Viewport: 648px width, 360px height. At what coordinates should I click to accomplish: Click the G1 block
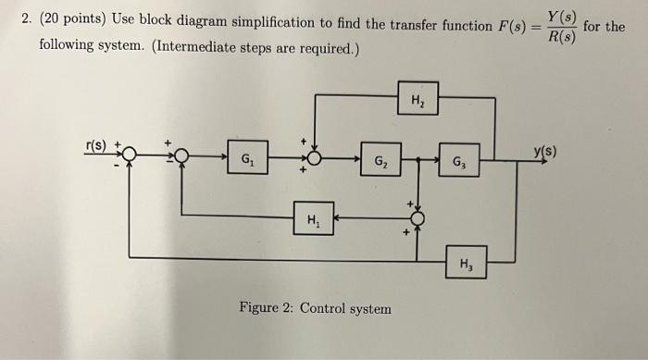tap(248, 158)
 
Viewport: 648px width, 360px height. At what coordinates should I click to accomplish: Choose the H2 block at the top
tap(418, 97)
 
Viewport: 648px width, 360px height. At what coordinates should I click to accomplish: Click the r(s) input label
tap(95, 144)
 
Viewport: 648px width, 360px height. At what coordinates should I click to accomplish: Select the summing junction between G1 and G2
tap(316, 158)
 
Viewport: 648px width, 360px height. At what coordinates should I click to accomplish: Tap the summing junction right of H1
tap(418, 218)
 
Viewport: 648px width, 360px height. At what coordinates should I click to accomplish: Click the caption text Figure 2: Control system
tap(315, 308)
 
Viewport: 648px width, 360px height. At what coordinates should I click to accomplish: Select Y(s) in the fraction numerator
tap(560, 15)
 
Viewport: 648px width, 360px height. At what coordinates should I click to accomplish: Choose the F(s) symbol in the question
tap(507, 25)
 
